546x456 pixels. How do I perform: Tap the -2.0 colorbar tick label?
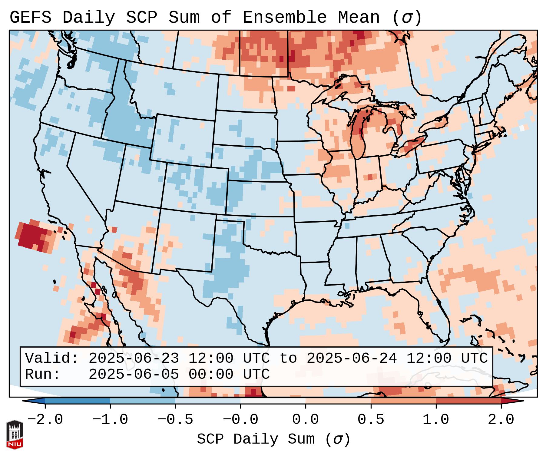click(x=45, y=420)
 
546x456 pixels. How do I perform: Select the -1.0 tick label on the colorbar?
click(x=110, y=420)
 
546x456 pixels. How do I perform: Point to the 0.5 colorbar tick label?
click(x=371, y=420)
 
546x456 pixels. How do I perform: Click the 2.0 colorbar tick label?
click(x=501, y=420)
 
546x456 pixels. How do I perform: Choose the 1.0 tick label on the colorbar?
click(x=436, y=420)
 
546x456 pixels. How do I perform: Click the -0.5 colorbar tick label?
click(x=175, y=420)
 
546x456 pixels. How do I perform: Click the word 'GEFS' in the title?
click(x=31, y=18)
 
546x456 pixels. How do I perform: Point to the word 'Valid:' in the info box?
click(x=52, y=359)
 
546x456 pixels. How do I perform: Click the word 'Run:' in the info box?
click(x=43, y=374)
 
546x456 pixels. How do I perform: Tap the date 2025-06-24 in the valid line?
click(x=352, y=359)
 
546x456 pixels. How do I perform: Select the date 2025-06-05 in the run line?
click(x=134, y=374)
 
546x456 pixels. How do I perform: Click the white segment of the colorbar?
click(x=273, y=401)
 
